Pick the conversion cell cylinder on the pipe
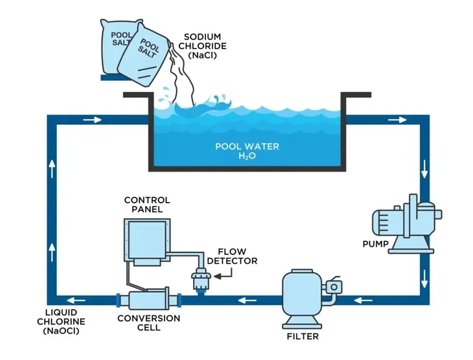pos(148,302)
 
